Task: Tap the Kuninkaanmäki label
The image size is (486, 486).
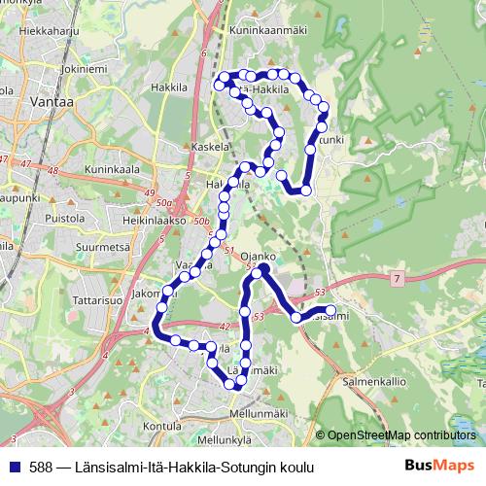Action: [268, 30]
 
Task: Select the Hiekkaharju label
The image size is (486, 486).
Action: [41, 31]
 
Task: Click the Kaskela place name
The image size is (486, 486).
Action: [211, 148]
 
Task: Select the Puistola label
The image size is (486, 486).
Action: [64, 204]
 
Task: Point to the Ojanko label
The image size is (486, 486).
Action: [260, 257]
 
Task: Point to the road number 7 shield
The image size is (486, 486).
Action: [397, 279]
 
